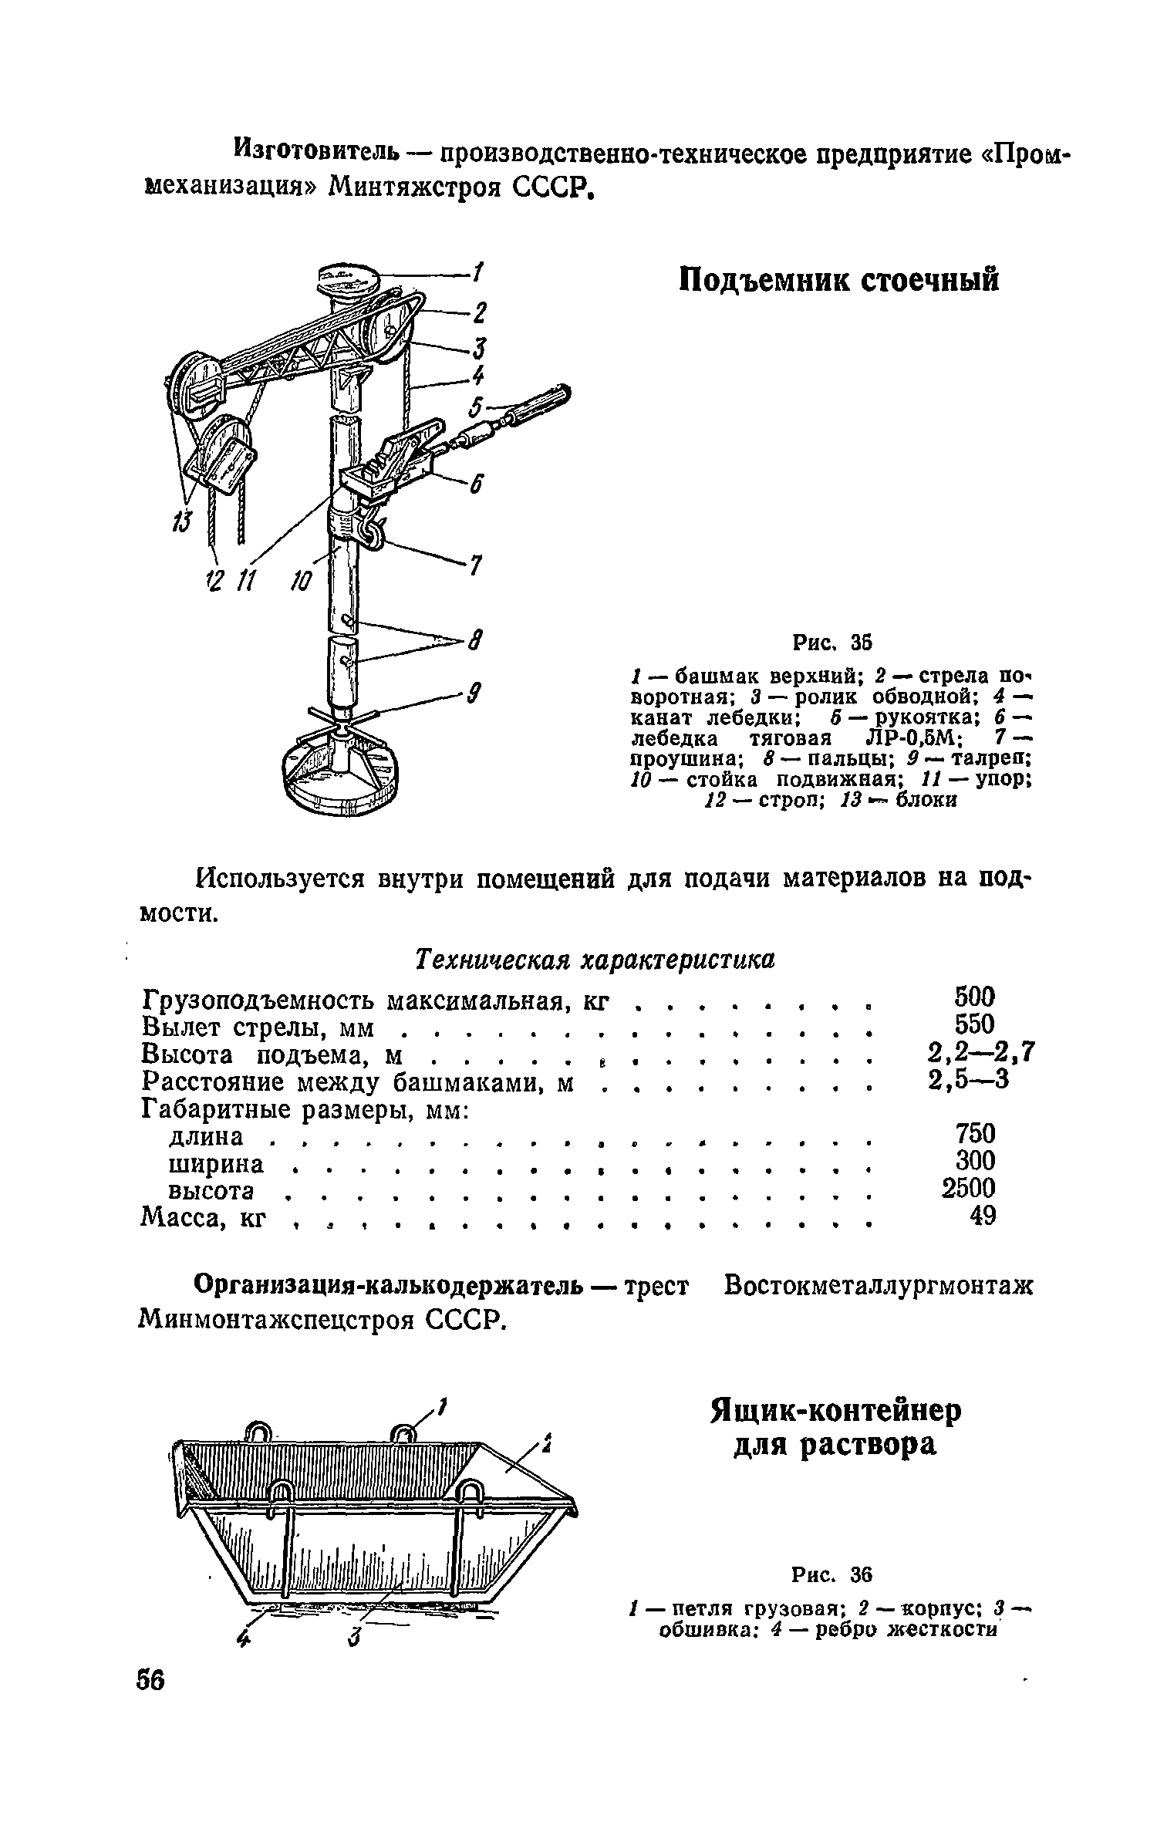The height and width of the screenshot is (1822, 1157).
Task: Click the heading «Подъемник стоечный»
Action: [838, 280]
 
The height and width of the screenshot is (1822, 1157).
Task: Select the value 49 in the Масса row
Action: [982, 1216]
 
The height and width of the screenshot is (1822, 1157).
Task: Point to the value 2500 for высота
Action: [969, 1188]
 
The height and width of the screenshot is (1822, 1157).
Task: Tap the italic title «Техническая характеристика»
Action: [594, 959]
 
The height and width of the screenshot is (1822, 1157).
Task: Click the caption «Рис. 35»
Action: [831, 642]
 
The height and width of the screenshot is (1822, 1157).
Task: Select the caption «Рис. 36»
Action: [831, 1573]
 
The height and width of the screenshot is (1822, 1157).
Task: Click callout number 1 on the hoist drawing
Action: [478, 272]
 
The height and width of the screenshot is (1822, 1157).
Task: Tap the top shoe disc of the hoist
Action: [348, 278]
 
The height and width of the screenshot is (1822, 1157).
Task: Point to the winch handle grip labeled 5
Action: [541, 405]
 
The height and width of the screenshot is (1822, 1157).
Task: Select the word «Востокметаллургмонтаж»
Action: [877, 1287]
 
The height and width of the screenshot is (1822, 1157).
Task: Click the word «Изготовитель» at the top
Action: [318, 147]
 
